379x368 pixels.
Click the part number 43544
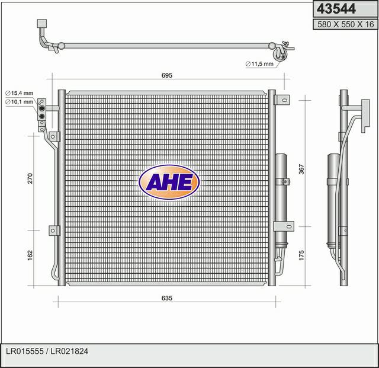tap(336, 9)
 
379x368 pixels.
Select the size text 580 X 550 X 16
tap(345, 24)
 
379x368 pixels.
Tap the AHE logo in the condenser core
tap(169, 182)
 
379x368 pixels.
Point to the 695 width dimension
tap(167, 75)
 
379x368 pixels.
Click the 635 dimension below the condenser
tap(167, 298)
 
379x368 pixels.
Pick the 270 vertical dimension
tap(30, 178)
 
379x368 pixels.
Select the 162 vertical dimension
tap(30, 255)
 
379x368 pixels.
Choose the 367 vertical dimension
tap(301, 169)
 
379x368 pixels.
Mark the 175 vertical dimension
tap(301, 255)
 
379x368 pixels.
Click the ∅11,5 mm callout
tap(259, 64)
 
